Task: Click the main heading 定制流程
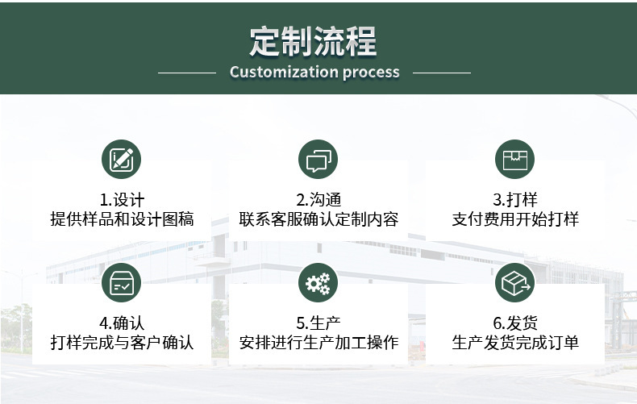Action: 313,41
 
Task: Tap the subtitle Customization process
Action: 314,72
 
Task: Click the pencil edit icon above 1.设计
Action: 122,159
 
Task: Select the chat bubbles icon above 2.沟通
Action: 318,159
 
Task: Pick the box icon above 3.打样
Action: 514,159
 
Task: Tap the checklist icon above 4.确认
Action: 122,282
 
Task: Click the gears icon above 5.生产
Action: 318,282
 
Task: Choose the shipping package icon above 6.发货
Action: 514,282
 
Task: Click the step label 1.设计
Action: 122,200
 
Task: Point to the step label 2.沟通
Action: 318,200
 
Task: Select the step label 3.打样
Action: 515,200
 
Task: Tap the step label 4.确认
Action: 122,323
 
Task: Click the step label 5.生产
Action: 318,323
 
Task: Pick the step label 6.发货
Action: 515,323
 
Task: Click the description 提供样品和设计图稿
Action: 122,219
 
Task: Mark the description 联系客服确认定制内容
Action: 318,219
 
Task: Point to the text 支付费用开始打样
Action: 515,219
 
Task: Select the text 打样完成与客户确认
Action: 122,343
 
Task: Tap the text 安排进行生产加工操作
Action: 318,343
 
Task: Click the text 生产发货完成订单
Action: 515,343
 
